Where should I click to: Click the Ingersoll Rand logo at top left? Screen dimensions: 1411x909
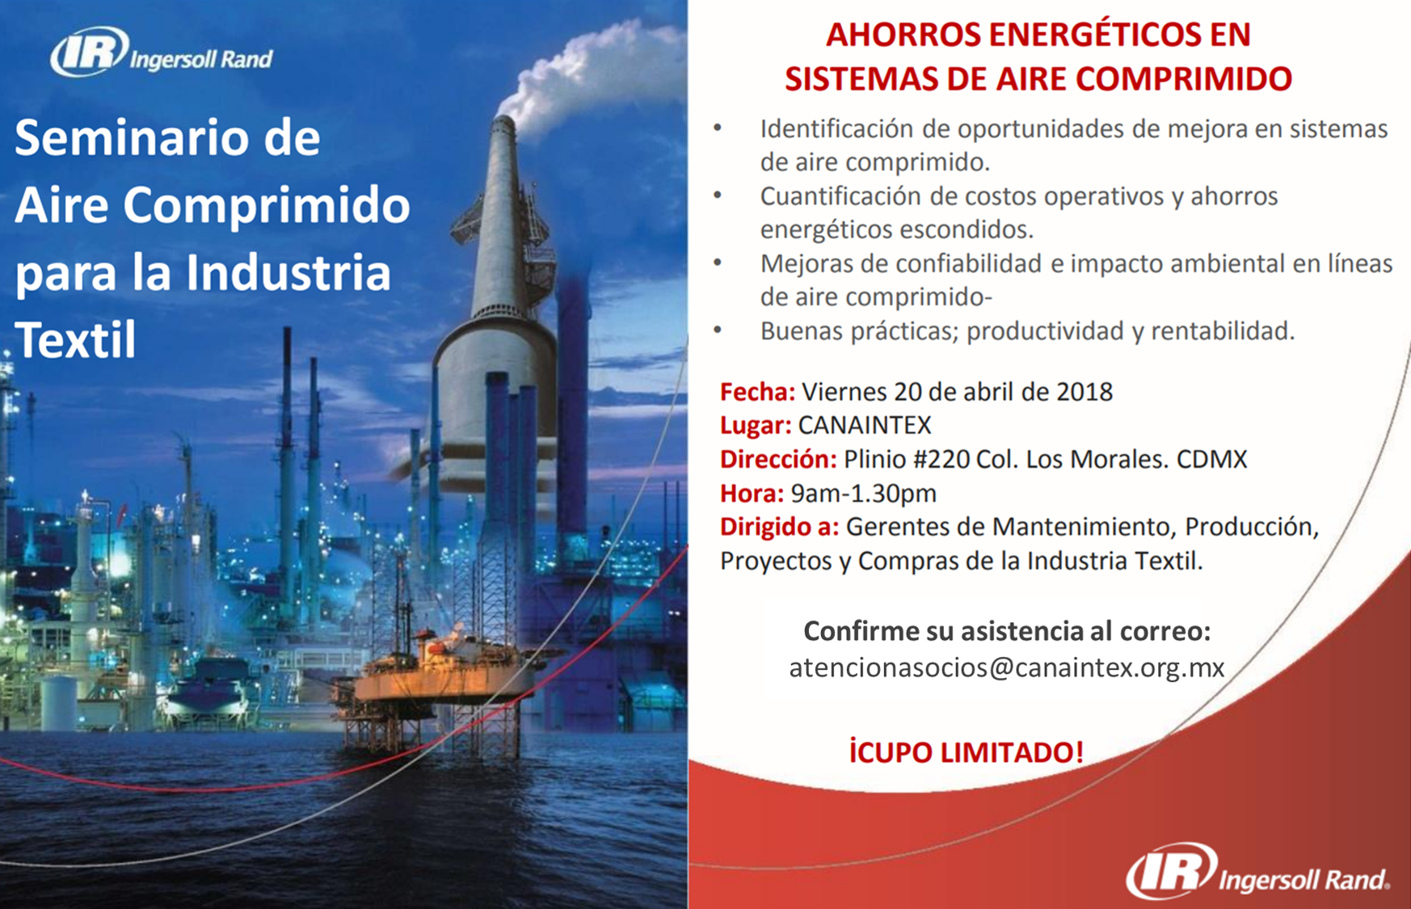click(x=162, y=53)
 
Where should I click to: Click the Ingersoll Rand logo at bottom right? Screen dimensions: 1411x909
click(x=1258, y=871)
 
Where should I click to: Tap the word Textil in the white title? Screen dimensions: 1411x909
click(x=76, y=339)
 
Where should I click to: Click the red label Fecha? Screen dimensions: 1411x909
click(x=757, y=392)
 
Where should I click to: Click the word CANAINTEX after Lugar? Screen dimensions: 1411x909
click(x=865, y=425)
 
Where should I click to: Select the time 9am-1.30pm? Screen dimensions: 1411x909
click(x=863, y=493)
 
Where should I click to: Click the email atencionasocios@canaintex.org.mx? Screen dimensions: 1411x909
click(x=1007, y=667)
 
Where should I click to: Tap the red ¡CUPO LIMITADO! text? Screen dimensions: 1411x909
click(x=966, y=751)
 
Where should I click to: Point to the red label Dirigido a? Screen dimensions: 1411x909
click(x=779, y=527)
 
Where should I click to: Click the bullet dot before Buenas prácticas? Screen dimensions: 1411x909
click(x=718, y=330)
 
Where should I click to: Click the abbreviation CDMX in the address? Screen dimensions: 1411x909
click(x=1211, y=459)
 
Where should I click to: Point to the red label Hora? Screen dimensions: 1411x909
click(x=752, y=493)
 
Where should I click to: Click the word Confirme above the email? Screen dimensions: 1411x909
click(x=860, y=631)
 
